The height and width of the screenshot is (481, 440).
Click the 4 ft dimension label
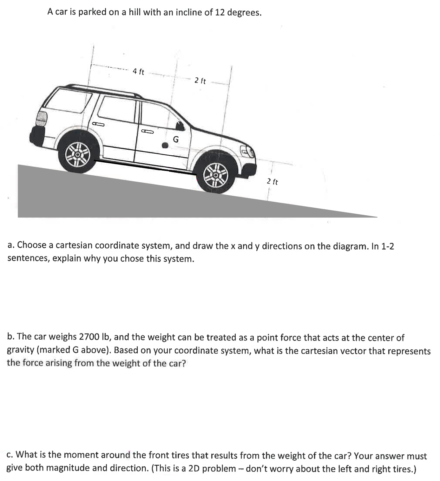pyautogui.click(x=138, y=72)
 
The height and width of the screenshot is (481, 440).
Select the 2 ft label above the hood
pyautogui.click(x=200, y=81)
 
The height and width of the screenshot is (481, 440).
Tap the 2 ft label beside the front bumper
pyautogui.click(x=272, y=182)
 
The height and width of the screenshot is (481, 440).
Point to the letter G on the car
pyautogui.click(x=175, y=139)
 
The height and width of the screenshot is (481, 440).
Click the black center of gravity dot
pyautogui.click(x=165, y=145)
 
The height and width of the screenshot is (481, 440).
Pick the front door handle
pyautogui.click(x=147, y=131)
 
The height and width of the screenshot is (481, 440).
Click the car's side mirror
pyautogui.click(x=180, y=126)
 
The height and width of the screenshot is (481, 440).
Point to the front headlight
pyautogui.click(x=248, y=153)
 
